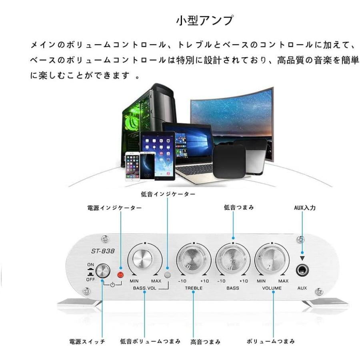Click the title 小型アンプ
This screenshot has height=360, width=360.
coord(204,20)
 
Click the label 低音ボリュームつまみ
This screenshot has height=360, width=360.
coord(150,342)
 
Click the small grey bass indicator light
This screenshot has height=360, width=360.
coord(168,274)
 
